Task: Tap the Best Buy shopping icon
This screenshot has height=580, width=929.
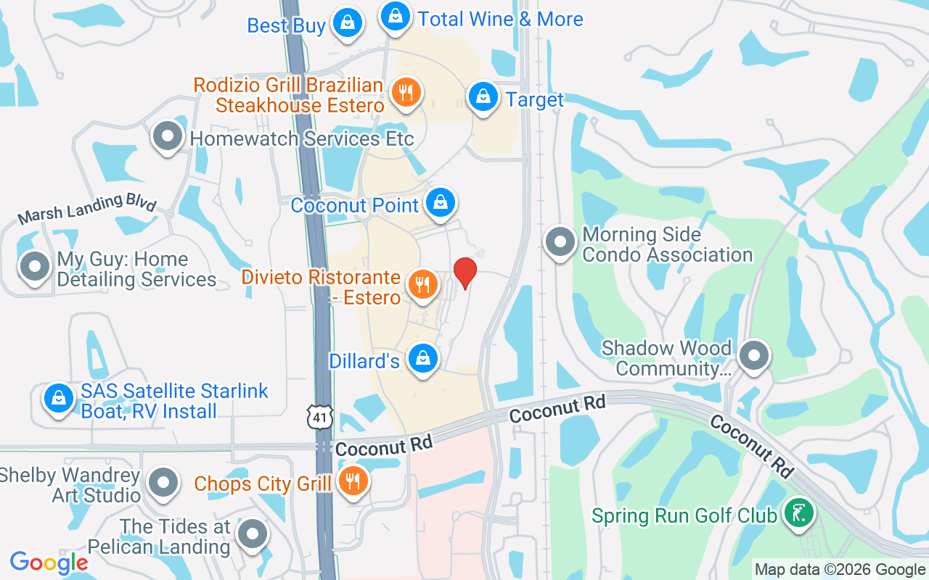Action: click(348, 22)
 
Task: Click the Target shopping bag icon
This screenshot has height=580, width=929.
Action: click(483, 96)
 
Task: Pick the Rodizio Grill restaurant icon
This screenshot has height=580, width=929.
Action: click(406, 93)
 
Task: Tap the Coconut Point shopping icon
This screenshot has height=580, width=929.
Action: click(440, 202)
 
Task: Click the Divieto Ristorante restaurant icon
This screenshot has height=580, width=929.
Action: click(422, 285)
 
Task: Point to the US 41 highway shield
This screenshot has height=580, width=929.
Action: click(320, 416)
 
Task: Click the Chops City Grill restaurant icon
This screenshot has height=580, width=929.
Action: click(353, 481)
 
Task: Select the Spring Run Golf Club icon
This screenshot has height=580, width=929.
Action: click(798, 513)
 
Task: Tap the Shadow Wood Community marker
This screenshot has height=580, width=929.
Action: click(754, 356)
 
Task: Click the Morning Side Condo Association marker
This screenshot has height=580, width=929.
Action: click(560, 241)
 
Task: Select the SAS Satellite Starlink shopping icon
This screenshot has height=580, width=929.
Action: click(58, 398)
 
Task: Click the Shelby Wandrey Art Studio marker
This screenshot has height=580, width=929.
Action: click(163, 482)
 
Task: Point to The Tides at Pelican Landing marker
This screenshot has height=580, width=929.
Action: click(253, 534)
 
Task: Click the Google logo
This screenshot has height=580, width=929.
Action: click(49, 563)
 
